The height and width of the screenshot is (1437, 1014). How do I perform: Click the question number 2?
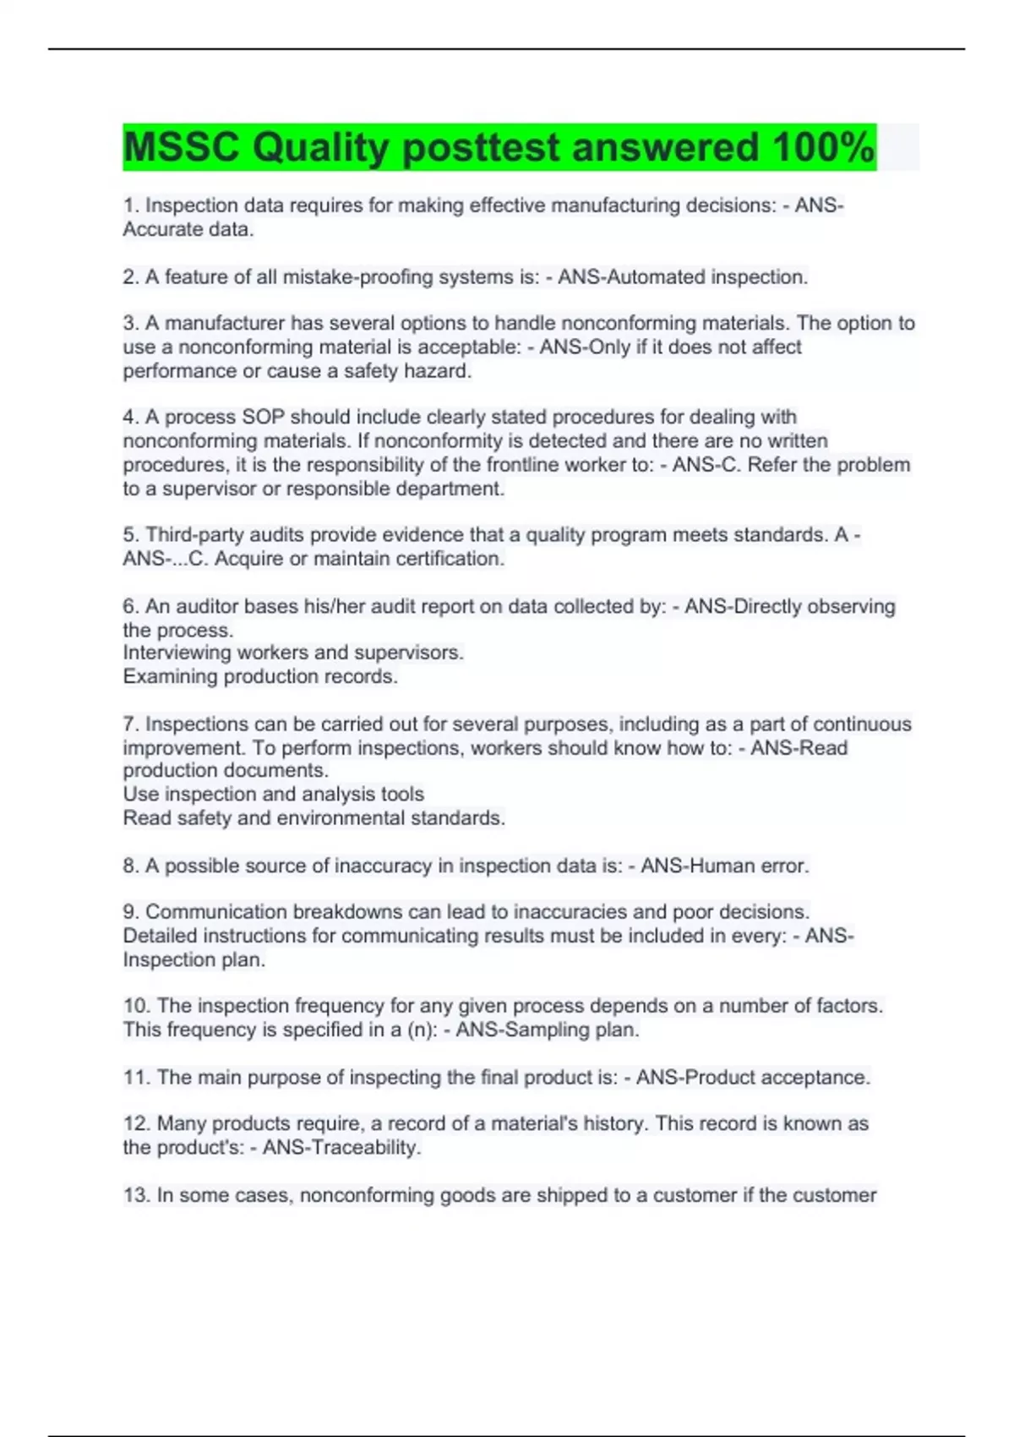point(130,277)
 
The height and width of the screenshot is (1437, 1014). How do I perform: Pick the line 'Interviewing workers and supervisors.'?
point(293,653)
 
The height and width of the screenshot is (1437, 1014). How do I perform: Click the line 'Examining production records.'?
point(260,676)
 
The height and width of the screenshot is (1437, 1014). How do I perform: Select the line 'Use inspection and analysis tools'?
point(273,795)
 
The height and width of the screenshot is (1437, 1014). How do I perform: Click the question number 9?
point(130,912)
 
